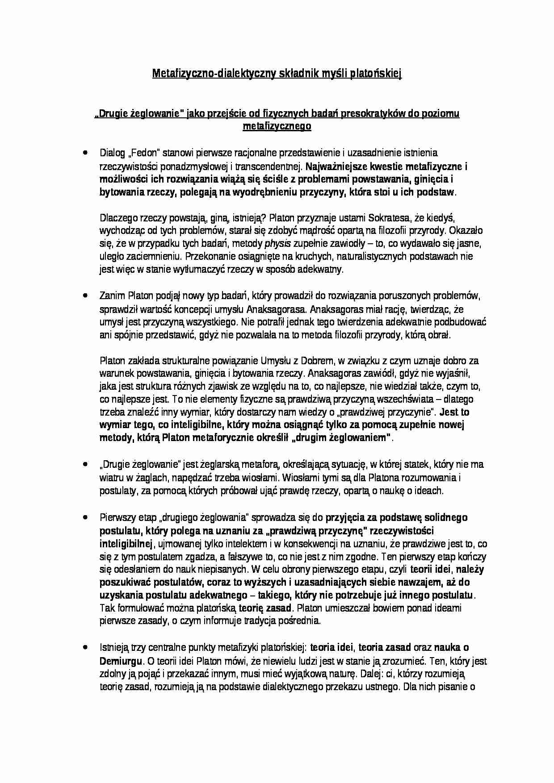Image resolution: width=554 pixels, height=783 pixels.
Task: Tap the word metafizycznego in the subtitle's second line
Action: point(277,126)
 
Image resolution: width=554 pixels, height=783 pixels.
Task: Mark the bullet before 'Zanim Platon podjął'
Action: point(84,296)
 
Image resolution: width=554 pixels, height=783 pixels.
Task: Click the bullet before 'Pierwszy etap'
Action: point(84,517)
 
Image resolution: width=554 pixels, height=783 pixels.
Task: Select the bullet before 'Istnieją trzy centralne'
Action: point(84,647)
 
